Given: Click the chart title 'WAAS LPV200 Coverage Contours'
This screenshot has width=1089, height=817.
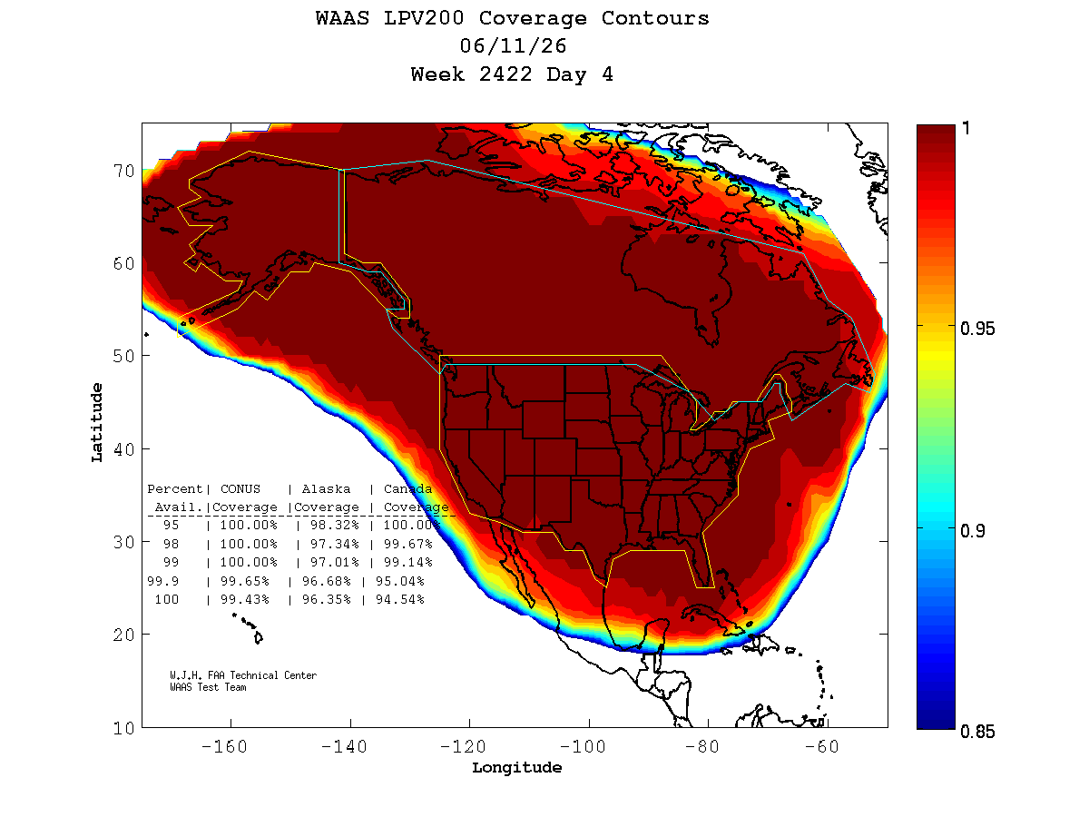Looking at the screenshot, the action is pos(512,18).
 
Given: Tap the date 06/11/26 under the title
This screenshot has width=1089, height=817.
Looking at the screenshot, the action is pos(513,46).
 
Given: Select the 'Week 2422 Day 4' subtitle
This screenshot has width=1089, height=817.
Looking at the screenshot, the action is pos(512,74).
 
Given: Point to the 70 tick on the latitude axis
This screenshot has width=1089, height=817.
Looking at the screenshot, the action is pos(124,172).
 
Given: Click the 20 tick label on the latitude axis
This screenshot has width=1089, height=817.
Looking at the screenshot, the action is pos(124,635).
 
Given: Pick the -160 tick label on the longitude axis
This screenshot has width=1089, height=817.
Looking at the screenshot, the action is pos(224,746).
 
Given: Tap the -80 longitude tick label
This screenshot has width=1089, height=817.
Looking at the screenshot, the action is pos(702,746).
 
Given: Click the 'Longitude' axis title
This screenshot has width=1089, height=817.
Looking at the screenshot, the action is pos(516,767).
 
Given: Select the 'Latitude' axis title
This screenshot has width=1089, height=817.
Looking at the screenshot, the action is pos(97,422).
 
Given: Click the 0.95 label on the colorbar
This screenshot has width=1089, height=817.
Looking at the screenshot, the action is pos(976,329).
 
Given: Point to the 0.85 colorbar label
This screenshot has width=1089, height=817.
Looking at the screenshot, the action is pos(976,732).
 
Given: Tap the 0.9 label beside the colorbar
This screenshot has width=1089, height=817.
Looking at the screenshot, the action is pos(973,531).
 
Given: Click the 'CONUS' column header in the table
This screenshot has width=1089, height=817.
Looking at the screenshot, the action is pos(240,489).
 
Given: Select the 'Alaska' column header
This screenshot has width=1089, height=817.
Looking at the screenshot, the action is pos(326,489).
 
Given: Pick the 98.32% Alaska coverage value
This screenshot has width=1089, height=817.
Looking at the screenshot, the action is pos(334,525).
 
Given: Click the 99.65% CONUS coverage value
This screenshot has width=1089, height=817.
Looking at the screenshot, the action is pos(245,581).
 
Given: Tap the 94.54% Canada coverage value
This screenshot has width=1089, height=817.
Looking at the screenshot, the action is pos(399,599).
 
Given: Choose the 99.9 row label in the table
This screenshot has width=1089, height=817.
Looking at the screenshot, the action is pos(162,581).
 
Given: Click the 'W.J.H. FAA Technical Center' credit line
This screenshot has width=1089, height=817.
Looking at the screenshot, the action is pos(243,675).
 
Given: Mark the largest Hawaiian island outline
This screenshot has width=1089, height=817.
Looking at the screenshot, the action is pos(259,637).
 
